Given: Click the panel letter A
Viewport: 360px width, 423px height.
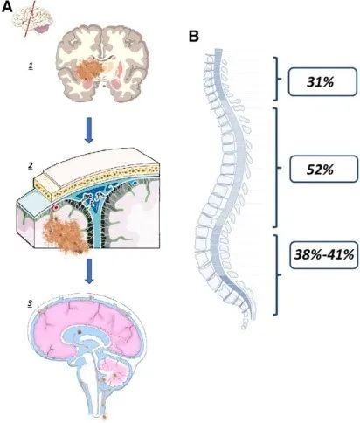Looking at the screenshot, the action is [7, 7].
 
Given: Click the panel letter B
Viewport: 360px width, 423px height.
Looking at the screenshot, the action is [194, 37].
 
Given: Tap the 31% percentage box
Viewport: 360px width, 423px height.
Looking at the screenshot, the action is [322, 82].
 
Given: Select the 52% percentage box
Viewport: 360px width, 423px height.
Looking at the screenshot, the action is [323, 170].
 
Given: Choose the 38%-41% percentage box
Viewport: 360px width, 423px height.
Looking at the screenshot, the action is [324, 255].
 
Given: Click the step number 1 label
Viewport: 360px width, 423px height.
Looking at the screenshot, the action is [31, 66].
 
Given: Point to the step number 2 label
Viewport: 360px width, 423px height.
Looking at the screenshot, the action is [31, 166].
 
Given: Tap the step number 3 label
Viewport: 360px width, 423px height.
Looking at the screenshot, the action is [30, 303].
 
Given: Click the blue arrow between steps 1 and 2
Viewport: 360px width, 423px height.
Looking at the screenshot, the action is [89, 130].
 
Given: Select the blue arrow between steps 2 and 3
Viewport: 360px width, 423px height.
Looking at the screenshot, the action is [89, 271].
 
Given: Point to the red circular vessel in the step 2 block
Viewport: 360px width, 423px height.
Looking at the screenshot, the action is [56, 207].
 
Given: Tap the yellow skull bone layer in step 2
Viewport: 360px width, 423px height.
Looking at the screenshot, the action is [96, 177].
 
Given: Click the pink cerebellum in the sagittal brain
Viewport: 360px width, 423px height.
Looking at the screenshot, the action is [114, 372].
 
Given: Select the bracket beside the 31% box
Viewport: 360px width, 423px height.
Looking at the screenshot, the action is [276, 79].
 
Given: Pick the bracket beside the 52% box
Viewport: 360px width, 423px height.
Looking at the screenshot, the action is [276, 168].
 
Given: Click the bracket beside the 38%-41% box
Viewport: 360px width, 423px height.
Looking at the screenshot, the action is [276, 274].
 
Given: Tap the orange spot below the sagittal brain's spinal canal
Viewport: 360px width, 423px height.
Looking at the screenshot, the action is [105, 417].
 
